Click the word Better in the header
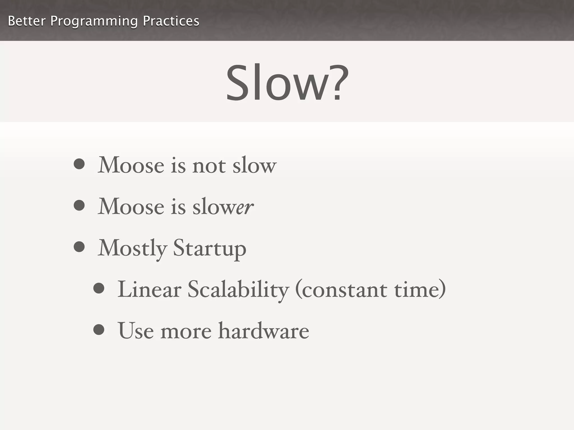click(27, 21)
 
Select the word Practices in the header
click(171, 21)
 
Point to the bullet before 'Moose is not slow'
click(79, 164)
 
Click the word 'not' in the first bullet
click(209, 165)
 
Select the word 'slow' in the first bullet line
click(254, 165)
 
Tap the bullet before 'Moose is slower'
click(79, 205)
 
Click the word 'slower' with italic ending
click(223, 207)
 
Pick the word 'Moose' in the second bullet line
click(131, 207)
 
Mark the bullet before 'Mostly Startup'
click(79, 247)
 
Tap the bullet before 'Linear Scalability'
click(99, 288)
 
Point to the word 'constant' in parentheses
click(344, 290)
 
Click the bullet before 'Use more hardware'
click(99, 329)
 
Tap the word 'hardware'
click(264, 331)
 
